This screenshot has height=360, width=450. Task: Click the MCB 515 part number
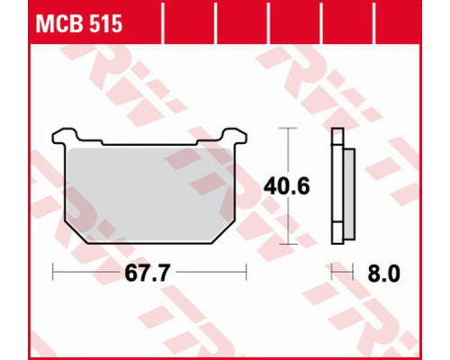click(x=79, y=24)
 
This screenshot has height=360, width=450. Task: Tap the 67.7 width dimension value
click(x=148, y=274)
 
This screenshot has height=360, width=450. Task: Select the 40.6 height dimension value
click(x=286, y=186)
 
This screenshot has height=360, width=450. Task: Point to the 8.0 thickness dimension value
click(x=383, y=274)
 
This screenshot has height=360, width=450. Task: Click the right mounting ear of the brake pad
click(x=235, y=136)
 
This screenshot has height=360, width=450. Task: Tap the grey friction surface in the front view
click(x=149, y=195)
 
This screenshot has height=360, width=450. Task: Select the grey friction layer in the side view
click(x=349, y=193)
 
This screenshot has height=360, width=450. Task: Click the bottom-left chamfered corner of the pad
click(x=76, y=233)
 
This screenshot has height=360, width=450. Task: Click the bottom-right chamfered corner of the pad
click(x=224, y=233)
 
